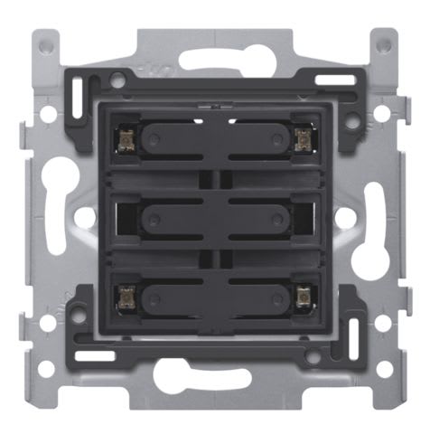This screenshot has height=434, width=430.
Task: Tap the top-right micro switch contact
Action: point(303,137)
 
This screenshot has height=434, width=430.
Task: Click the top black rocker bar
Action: point(214,138)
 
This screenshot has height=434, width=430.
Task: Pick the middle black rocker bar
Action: point(214,217)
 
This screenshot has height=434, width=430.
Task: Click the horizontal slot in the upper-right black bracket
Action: point(334,80)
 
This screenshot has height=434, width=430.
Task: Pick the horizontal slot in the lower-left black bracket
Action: point(93,355)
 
